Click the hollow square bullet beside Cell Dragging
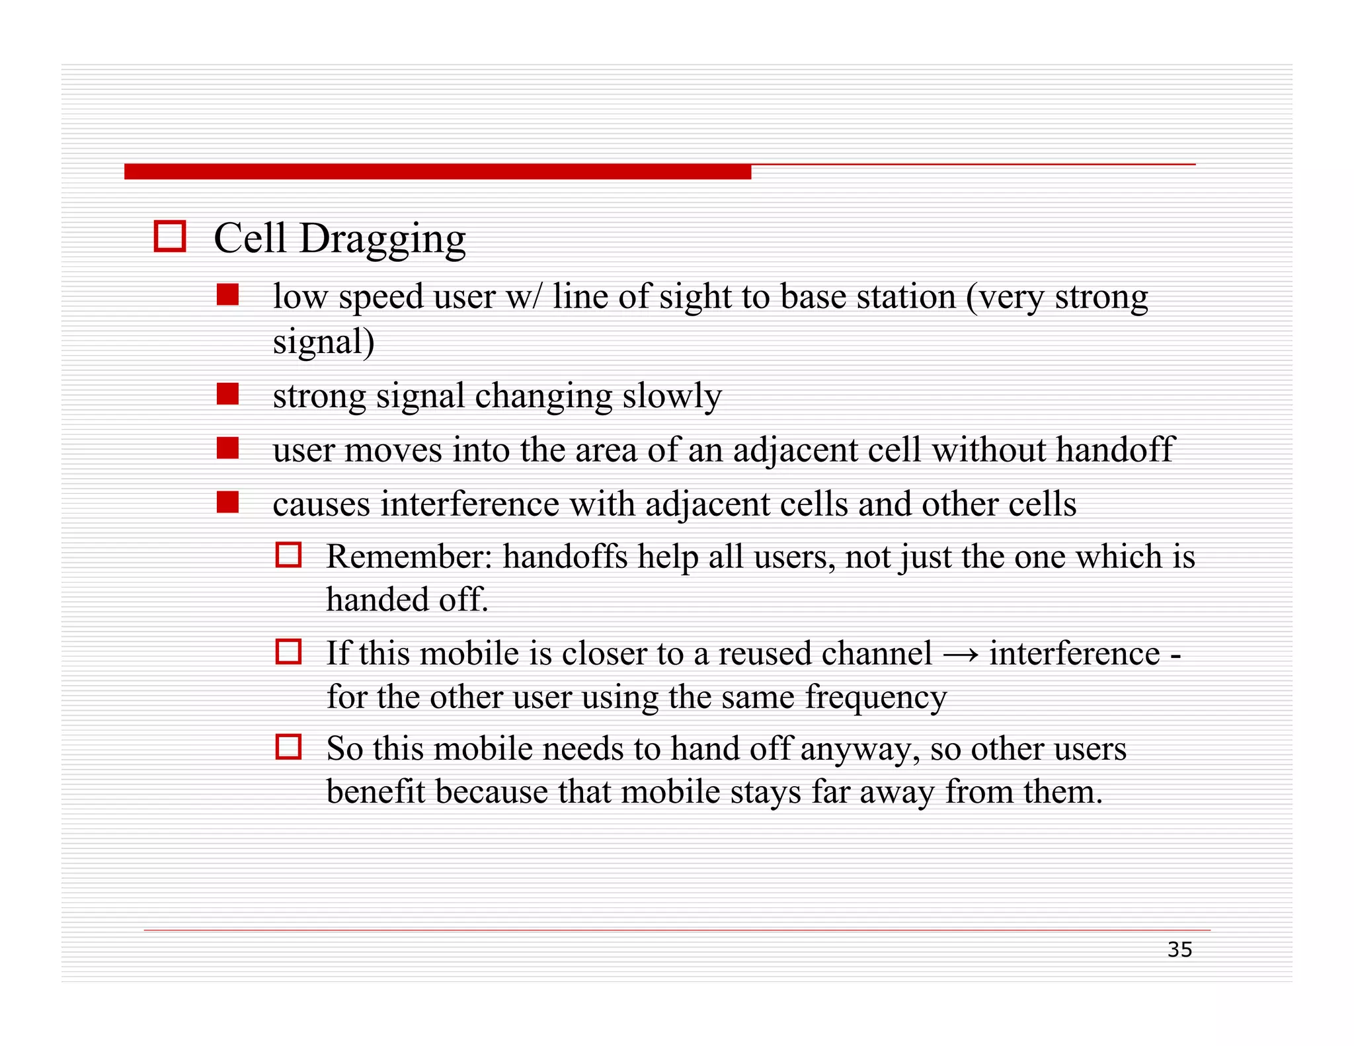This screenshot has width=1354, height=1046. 169,236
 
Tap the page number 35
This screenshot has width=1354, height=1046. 1179,949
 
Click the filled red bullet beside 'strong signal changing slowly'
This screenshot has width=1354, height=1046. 227,394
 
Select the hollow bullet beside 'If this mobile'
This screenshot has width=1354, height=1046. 288,651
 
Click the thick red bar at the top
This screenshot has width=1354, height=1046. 437,172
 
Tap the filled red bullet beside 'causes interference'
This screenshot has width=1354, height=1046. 227,503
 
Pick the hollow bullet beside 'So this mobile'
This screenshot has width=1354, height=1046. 288,747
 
